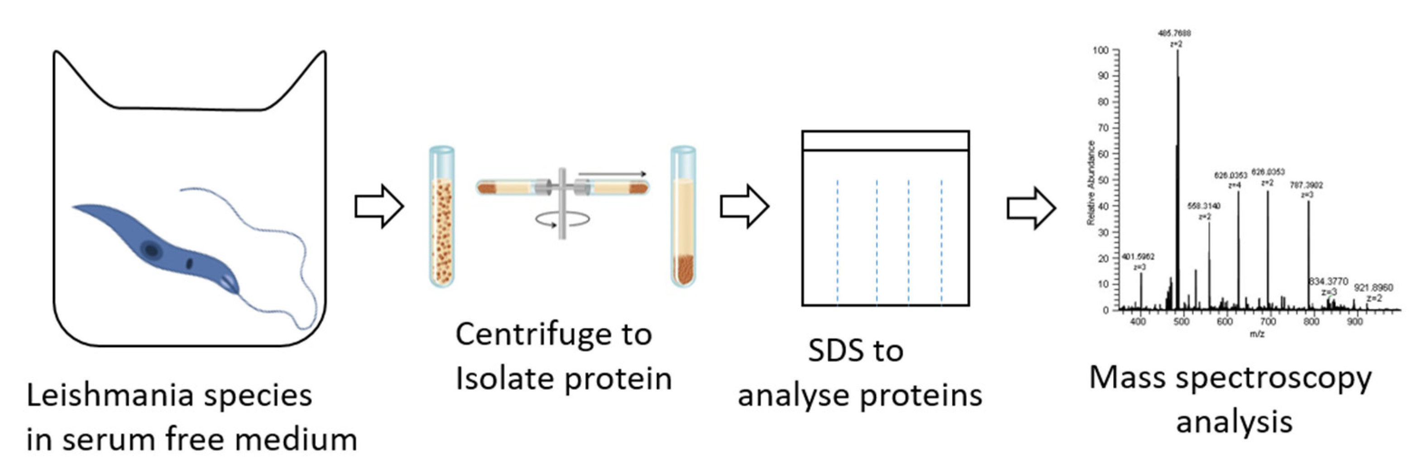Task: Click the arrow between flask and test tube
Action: [379, 207]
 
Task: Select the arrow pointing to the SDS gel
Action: [744, 207]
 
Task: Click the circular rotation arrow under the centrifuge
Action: [562, 220]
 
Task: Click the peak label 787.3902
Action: [1307, 185]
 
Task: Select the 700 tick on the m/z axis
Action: [1268, 321]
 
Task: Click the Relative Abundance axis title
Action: [1091, 183]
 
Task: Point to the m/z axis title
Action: [1257, 334]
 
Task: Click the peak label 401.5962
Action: [1138, 256]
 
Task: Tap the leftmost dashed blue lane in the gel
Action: [837, 242]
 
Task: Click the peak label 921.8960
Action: [1374, 288]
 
